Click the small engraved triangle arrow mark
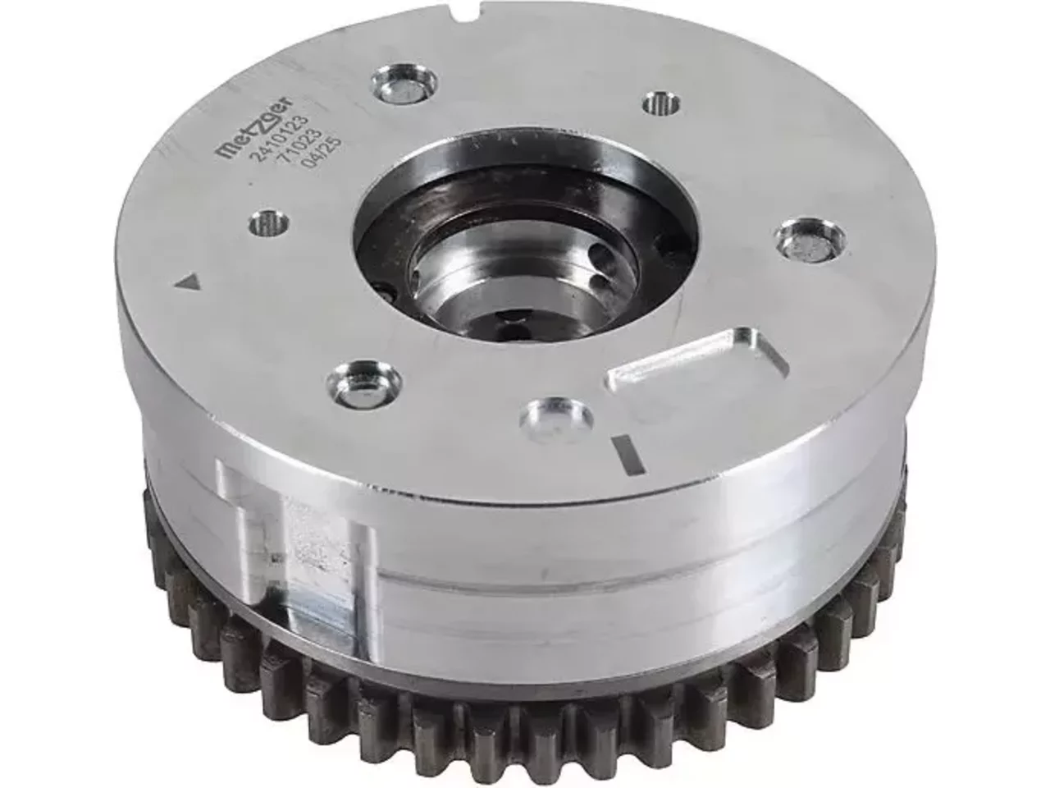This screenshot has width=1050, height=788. pos(188,282)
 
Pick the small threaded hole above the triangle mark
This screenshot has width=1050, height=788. pos(269,223)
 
